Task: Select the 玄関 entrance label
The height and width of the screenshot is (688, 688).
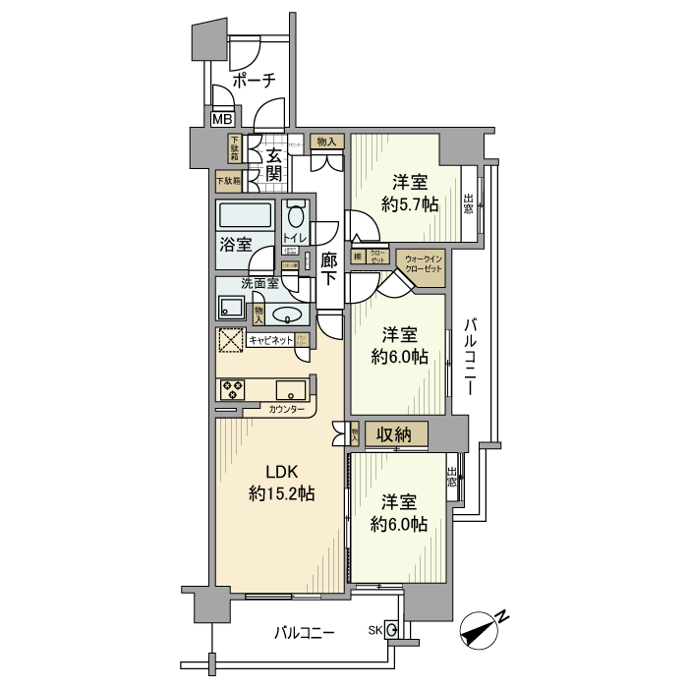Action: click(x=274, y=163)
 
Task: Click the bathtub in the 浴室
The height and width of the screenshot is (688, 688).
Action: click(x=246, y=216)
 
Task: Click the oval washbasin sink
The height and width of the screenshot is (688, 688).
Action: click(x=287, y=315)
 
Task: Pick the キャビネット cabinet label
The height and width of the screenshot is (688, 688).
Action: click(x=269, y=339)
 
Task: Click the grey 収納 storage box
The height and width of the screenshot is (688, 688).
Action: click(x=400, y=433)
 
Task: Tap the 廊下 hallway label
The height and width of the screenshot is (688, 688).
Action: click(x=330, y=268)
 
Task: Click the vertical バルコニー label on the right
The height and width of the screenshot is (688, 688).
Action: click(x=471, y=355)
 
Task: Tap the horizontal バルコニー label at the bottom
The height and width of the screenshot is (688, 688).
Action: click(x=306, y=635)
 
